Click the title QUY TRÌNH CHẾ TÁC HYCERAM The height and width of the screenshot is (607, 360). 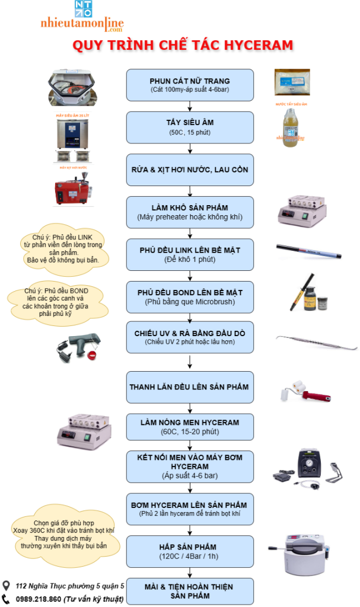tap(183, 46)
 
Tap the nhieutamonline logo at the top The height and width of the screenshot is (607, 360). tap(82, 18)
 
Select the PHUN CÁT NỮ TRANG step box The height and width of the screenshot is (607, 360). tap(190, 84)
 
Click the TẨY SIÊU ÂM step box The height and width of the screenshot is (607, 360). tap(190, 126)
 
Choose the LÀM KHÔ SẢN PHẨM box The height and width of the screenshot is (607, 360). tap(190, 209)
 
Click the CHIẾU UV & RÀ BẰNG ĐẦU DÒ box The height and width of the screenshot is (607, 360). tap(190, 336)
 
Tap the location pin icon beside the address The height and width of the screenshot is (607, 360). tap(7, 586)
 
